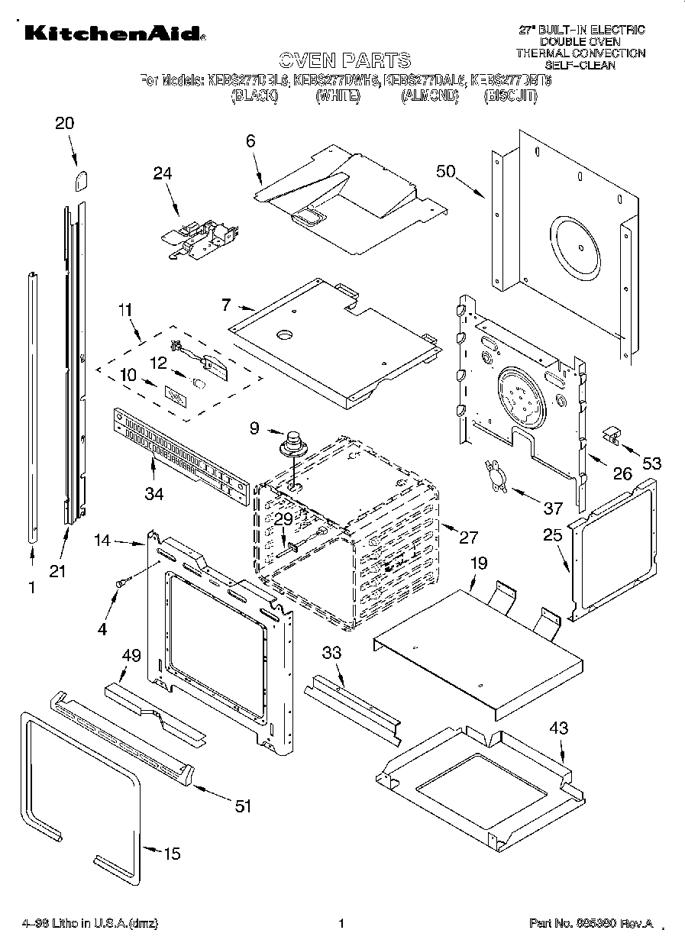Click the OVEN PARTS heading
click(x=344, y=60)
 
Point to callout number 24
click(x=162, y=173)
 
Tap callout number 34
click(x=153, y=494)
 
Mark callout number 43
click(x=559, y=728)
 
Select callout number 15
click(x=173, y=853)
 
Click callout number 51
click(x=243, y=806)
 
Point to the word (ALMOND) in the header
click(x=430, y=96)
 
